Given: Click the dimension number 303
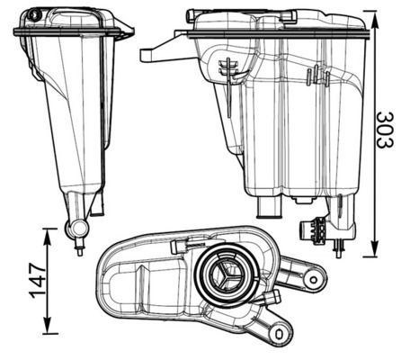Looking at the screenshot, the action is pyautogui.click(x=385, y=130).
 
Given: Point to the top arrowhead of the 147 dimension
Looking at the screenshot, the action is pyautogui.click(x=48, y=237).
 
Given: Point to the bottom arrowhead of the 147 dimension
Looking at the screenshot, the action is pyautogui.click(x=48, y=325).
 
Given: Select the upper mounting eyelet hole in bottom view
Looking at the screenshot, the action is pyautogui.click(x=313, y=280).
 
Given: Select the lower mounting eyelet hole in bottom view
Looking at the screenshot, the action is pyautogui.click(x=280, y=334).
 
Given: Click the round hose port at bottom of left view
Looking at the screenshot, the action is pyautogui.click(x=79, y=229).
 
